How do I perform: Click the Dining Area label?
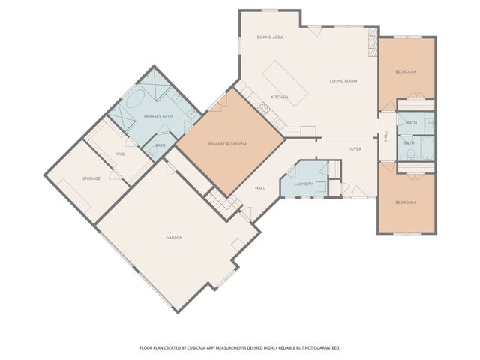tap(269, 37)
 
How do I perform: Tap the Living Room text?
tap(343, 81)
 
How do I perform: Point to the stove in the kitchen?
tap(264, 109)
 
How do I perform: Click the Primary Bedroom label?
tap(227, 144)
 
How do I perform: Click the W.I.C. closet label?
tap(120, 154)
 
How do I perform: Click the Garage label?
tap(174, 237)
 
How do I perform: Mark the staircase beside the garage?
tap(217, 200)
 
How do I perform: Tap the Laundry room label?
tap(303, 184)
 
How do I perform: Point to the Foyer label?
tap(355, 149)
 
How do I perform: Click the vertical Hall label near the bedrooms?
tap(386, 137)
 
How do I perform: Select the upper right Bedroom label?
tap(406, 71)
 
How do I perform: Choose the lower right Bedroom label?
tap(406, 201)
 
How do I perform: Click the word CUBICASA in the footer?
tap(217, 348)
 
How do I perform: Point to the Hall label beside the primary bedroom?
tap(260, 188)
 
